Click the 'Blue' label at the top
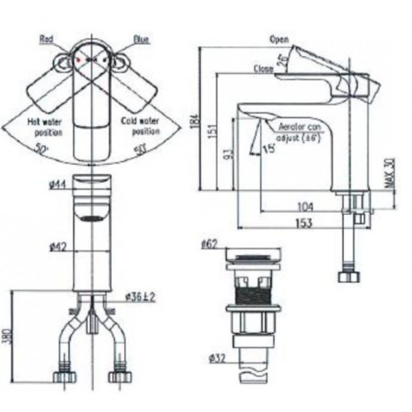coord(141,41)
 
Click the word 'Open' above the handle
coord(279,40)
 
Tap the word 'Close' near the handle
coord(264,69)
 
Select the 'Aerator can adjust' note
coord(299,132)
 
